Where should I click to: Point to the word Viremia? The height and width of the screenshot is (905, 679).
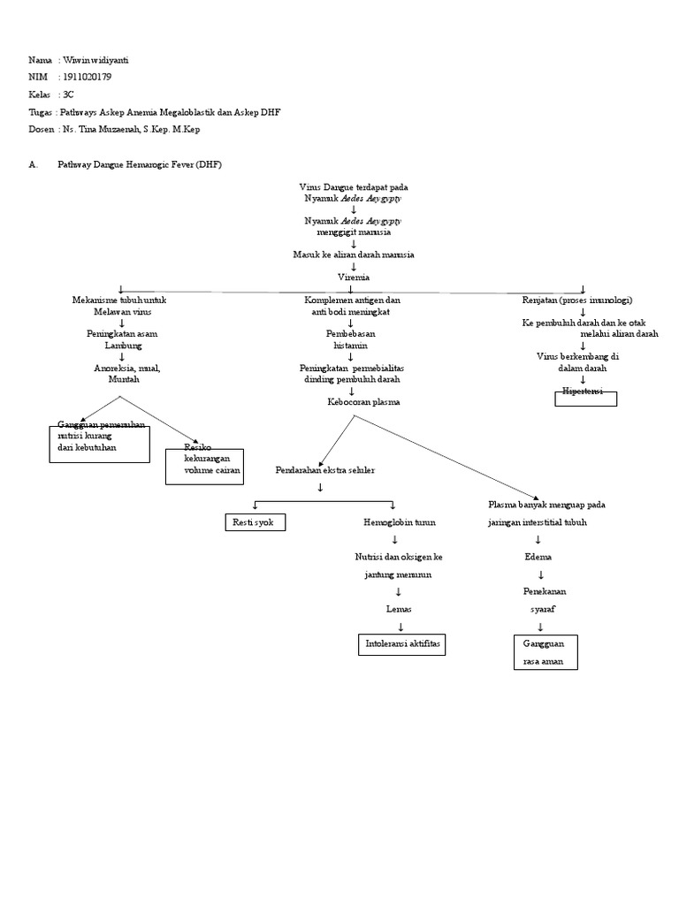[x=352, y=277]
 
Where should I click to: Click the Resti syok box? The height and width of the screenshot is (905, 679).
[x=254, y=523]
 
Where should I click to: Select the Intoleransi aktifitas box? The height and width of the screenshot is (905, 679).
[x=401, y=645]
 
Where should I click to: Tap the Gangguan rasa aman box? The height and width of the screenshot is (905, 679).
[x=545, y=652]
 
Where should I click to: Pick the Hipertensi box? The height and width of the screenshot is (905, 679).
[x=584, y=398]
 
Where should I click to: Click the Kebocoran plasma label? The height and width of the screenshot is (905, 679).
[x=363, y=402]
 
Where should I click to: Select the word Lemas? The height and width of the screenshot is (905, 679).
[x=399, y=609]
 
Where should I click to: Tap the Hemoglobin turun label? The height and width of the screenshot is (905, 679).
[x=399, y=523]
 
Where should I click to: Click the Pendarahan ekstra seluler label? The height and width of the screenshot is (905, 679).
[x=324, y=470]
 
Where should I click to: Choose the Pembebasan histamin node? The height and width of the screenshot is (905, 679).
[x=352, y=340]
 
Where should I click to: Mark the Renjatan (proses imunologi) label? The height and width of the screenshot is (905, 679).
[x=577, y=300]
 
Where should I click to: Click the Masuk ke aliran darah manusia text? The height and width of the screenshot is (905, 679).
[x=354, y=255]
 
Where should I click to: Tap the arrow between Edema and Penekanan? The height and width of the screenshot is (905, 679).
[x=540, y=574]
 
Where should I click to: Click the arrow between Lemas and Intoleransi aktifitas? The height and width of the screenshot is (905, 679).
[x=400, y=627]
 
